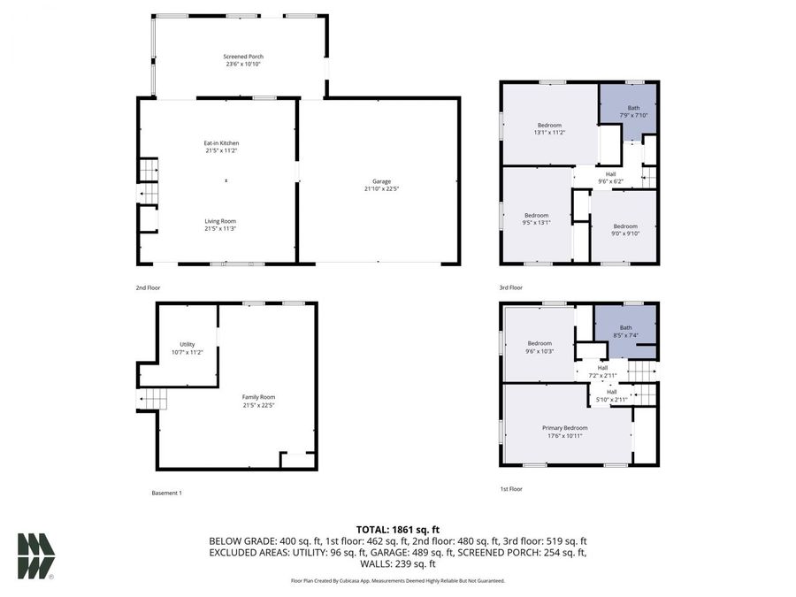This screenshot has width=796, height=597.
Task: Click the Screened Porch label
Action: coord(243,57)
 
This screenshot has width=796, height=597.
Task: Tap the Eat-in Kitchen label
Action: coord(221,143)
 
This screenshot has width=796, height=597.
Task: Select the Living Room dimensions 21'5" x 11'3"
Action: coord(221,228)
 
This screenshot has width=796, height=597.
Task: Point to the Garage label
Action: coord(381,181)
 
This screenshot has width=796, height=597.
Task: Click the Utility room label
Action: coord(187,344)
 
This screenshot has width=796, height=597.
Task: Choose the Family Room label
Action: coord(258,397)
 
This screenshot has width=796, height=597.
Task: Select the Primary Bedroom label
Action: coord(564,428)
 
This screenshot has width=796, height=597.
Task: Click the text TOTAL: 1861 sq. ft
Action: coord(397,527)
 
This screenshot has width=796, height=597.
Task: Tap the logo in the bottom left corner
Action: coord(36,556)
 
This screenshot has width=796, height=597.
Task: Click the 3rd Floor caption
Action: coord(510,287)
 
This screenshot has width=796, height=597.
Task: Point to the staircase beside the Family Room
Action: coord(151,400)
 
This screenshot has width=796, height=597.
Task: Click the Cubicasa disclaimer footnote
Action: coord(397,581)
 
